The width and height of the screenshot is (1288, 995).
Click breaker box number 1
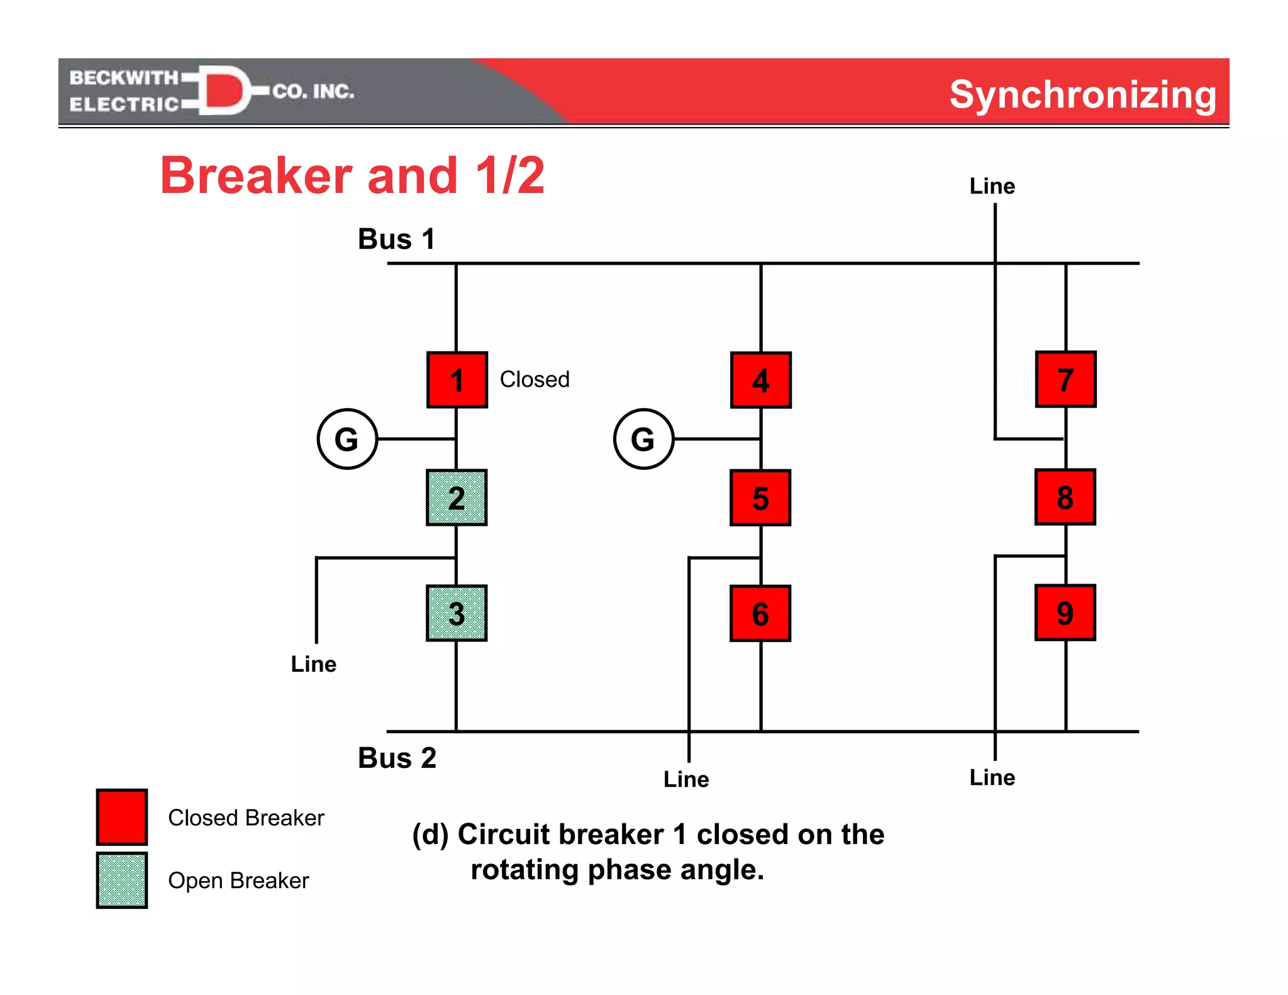[x=457, y=380]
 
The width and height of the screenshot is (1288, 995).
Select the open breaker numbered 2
[x=457, y=497]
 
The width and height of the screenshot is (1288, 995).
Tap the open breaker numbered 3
[x=457, y=613]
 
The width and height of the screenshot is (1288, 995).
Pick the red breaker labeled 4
[x=761, y=380]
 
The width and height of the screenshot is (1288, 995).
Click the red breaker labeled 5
[x=760, y=497]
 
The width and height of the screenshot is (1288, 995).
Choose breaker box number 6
[x=760, y=613]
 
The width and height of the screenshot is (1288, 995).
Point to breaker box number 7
[x=1065, y=379]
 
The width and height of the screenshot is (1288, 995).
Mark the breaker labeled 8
[x=1065, y=497]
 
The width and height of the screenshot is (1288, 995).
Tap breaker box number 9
[x=1065, y=613]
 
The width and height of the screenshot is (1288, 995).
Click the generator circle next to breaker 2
[x=347, y=439]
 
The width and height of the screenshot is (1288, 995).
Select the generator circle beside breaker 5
[x=643, y=439]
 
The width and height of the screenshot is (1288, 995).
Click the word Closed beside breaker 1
[x=535, y=379]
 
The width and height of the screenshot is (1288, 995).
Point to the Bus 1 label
[x=396, y=239]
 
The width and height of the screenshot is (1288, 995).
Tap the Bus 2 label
[x=397, y=758]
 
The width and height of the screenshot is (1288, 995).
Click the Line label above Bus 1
[x=992, y=186]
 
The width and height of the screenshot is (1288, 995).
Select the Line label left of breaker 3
[x=313, y=664]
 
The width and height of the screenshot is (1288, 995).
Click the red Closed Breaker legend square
[x=122, y=817]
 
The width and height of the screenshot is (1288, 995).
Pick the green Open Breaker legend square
[x=122, y=880]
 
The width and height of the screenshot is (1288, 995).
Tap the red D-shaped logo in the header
[x=223, y=91]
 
